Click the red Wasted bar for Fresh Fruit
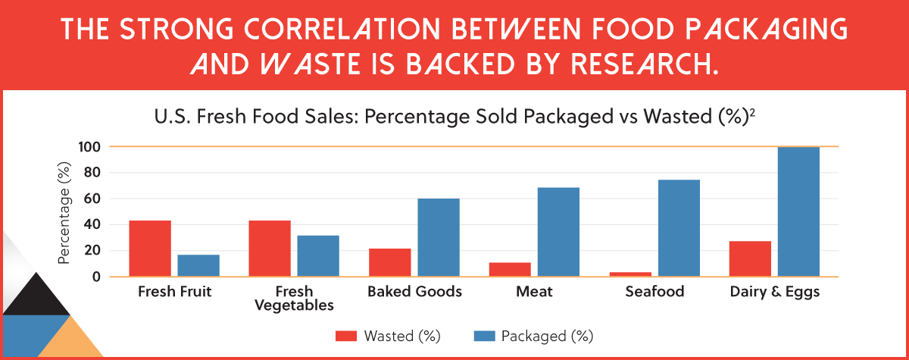coord(149,249)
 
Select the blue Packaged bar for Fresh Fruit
coord(198,265)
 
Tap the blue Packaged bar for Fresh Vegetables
coord(318,256)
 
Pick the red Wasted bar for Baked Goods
coord(389,262)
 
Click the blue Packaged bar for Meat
coord(558,232)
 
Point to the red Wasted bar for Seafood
coord(629,274)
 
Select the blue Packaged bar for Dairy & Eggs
coord(798,211)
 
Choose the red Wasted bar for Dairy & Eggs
coord(750,259)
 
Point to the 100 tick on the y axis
coord(89,146)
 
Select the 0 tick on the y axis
coord(96,277)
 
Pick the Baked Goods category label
coord(414,292)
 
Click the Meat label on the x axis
coord(534,292)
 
